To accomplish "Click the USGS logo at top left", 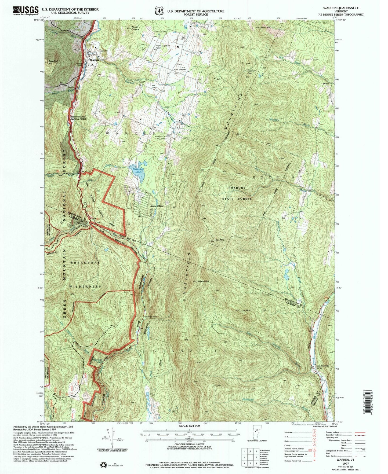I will [x=26, y=10].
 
